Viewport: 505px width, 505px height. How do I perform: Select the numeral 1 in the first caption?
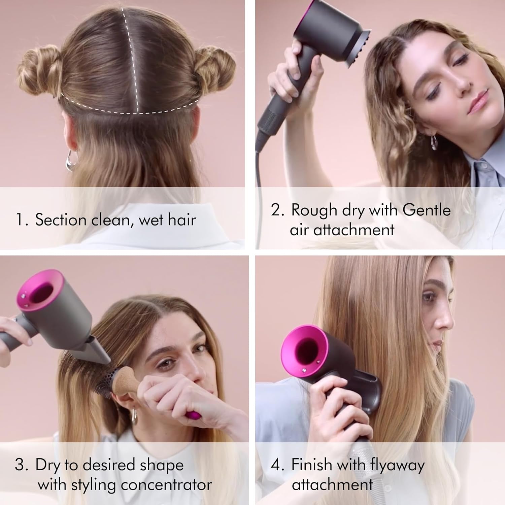(x=20, y=220)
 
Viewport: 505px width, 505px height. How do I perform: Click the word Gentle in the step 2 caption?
(x=426, y=210)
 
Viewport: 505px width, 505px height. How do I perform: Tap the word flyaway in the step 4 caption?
(x=397, y=465)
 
